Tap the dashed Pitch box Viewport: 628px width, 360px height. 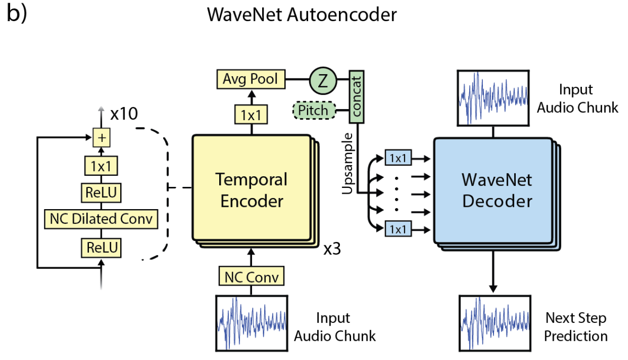pyautogui.click(x=314, y=111)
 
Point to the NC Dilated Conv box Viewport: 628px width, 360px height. pyautogui.click(x=101, y=219)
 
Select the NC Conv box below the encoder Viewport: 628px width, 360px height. pyautogui.click(x=252, y=276)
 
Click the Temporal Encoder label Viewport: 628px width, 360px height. pyautogui.click(x=252, y=190)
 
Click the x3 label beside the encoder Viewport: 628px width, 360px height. pyautogui.click(x=331, y=249)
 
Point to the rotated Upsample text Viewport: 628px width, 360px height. pyautogui.click(x=348, y=166)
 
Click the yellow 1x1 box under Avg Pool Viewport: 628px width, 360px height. pyautogui.click(x=252, y=114)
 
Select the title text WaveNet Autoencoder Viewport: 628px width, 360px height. pyautogui.click(x=302, y=14)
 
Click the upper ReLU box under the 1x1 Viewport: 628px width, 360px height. pyautogui.click(x=101, y=193)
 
